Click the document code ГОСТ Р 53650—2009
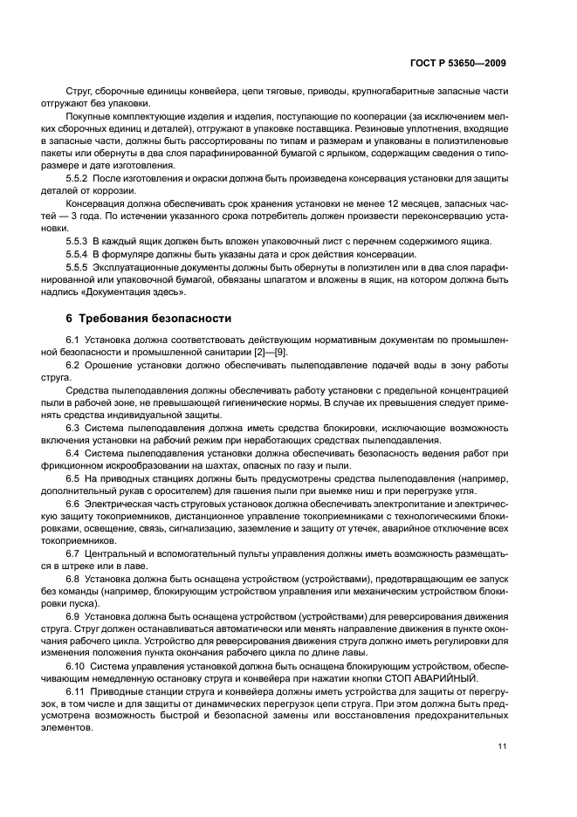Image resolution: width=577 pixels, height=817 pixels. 457,64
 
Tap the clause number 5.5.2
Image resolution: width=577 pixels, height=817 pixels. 78,177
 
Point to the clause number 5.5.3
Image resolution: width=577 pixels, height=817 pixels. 78,240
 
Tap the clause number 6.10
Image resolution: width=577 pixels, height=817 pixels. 76,666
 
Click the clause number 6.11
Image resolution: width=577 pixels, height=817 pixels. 76,691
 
